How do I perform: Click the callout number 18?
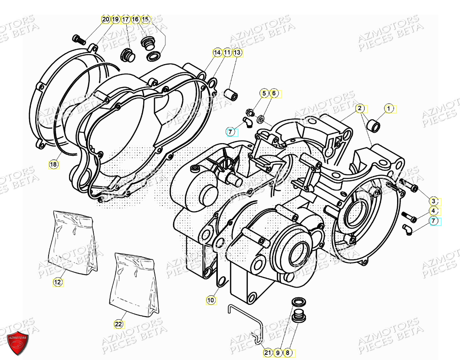click(x=53, y=164)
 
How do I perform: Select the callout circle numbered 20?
click(x=105, y=20)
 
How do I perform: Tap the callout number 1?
click(x=389, y=108)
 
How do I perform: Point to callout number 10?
click(x=210, y=300)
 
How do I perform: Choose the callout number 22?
click(x=119, y=324)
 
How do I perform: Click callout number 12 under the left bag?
click(x=58, y=282)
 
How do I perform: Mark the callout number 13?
click(x=237, y=52)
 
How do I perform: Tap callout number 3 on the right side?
click(x=433, y=201)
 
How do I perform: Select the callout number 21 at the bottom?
click(x=268, y=353)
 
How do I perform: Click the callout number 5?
click(x=264, y=93)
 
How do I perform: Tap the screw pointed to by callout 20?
click(x=79, y=40)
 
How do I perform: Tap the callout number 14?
click(x=217, y=52)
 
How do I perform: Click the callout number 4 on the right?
click(x=433, y=211)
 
